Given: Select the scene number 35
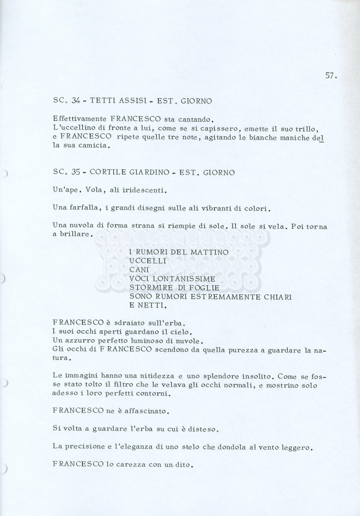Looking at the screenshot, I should [76, 172].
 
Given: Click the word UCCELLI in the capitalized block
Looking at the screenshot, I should [147, 261].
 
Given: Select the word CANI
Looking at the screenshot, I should [139, 270].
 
